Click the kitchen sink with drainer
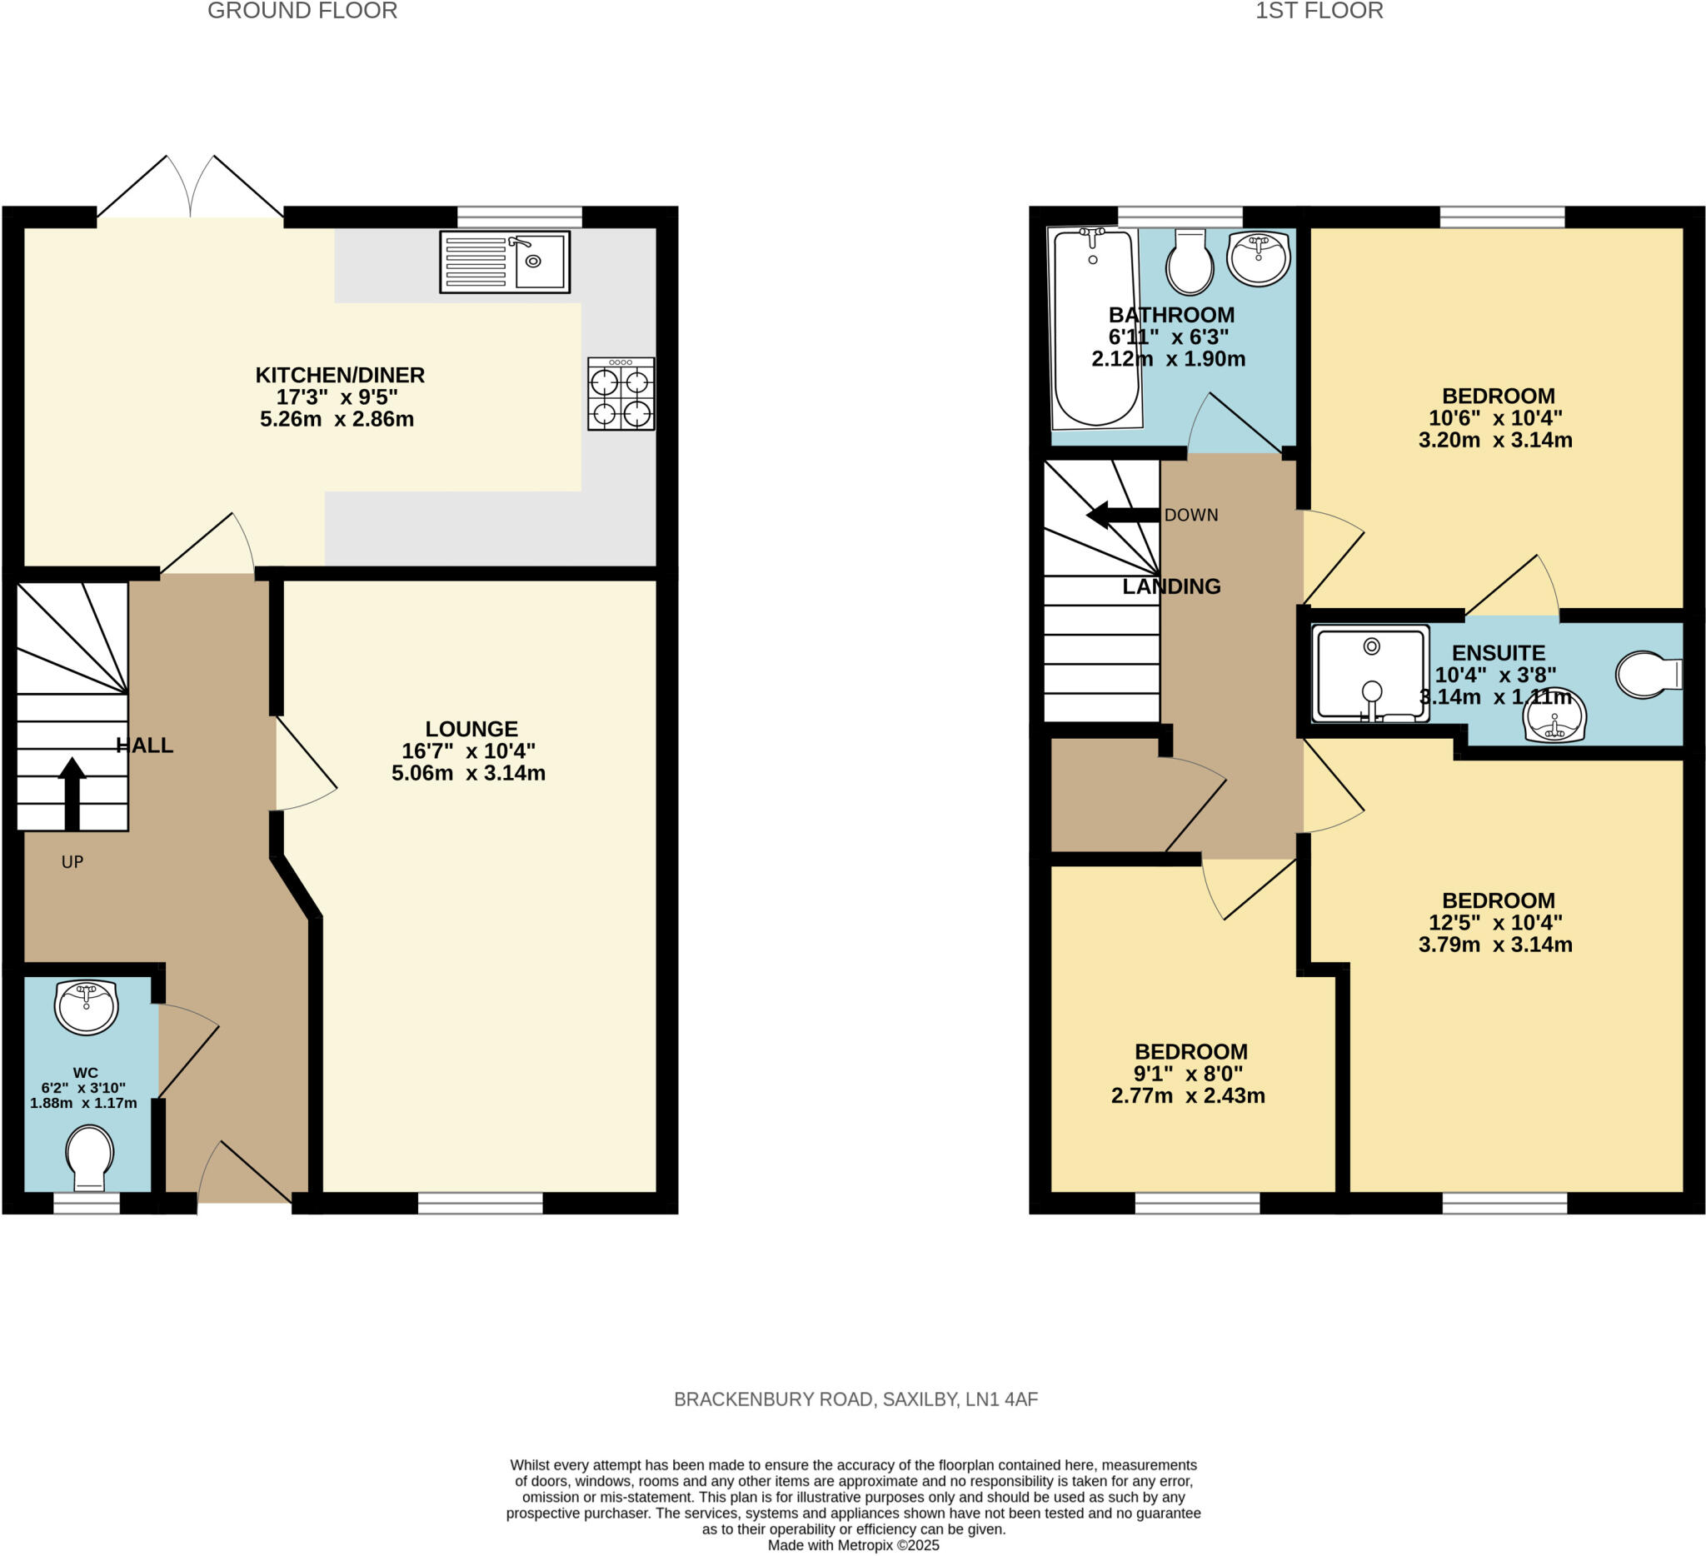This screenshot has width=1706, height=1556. [x=504, y=262]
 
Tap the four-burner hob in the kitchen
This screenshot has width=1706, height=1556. [x=621, y=394]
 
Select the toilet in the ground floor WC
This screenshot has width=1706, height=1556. [x=90, y=1157]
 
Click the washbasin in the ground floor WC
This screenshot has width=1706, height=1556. [x=87, y=1007]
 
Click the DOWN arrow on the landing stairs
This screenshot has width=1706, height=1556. [x=1122, y=515]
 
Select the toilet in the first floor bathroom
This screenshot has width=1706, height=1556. [x=1189, y=262]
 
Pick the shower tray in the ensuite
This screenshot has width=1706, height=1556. [x=1370, y=675]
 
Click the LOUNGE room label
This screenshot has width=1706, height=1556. [x=471, y=729]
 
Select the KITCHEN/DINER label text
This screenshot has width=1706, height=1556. [x=340, y=375]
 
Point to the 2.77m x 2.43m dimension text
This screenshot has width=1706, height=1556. [x=1187, y=1095]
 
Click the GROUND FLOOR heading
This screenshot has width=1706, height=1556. [x=302, y=11]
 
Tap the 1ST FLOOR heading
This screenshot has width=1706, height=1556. [x=1319, y=11]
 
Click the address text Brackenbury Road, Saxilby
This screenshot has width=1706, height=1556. [x=855, y=1399]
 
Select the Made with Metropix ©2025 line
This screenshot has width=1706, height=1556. [x=853, y=1545]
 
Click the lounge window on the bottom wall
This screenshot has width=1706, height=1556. [x=480, y=1203]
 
